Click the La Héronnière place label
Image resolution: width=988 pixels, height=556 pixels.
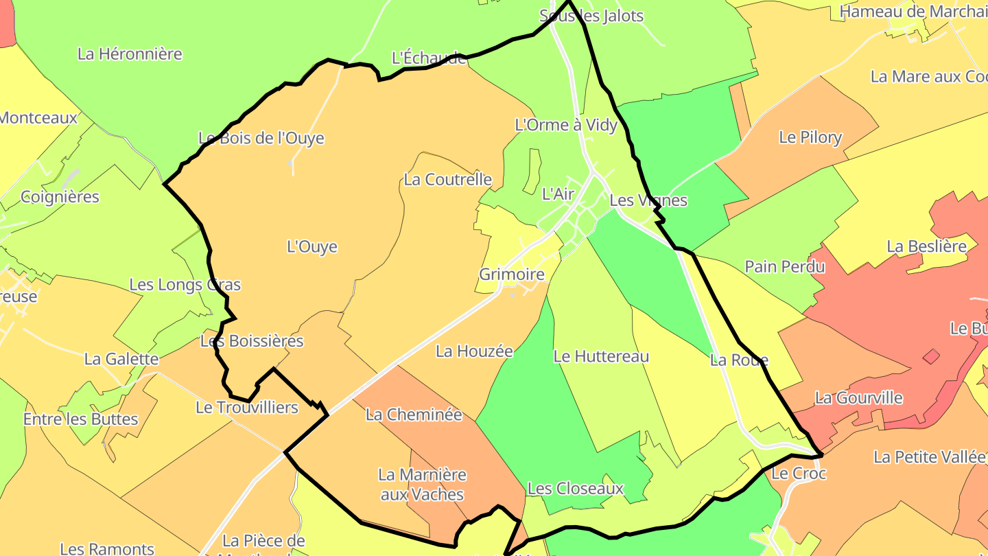coord(130,54)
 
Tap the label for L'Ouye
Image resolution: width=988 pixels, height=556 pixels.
coord(312,246)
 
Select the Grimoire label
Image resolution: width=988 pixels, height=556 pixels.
coord(512,275)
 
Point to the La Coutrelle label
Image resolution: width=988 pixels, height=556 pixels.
coord(447,180)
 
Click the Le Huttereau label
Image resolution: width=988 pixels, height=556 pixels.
coord(601,356)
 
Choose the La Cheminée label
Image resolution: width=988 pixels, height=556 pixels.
coord(414,415)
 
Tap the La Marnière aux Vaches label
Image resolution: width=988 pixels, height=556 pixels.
coord(422,485)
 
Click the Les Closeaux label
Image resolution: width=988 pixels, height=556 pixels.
coord(575,489)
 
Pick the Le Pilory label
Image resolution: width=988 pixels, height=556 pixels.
coord(810,137)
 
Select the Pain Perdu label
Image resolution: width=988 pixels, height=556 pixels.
coord(785,266)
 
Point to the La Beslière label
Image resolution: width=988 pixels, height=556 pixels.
coord(926,246)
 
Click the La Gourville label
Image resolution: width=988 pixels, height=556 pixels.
coord(858,397)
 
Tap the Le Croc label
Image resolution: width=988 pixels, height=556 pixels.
coord(799,474)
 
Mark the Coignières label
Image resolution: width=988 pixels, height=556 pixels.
coord(60,197)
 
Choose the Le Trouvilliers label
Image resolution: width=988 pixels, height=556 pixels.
coord(247,408)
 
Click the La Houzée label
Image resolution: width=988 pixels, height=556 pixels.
coord(474,351)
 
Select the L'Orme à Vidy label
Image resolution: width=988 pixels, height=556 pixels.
coord(566,125)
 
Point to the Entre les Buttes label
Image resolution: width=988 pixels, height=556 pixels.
coord(80,419)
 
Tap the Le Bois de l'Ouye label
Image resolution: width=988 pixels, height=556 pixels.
coord(261,138)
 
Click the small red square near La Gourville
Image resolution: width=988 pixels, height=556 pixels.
coord(931,356)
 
